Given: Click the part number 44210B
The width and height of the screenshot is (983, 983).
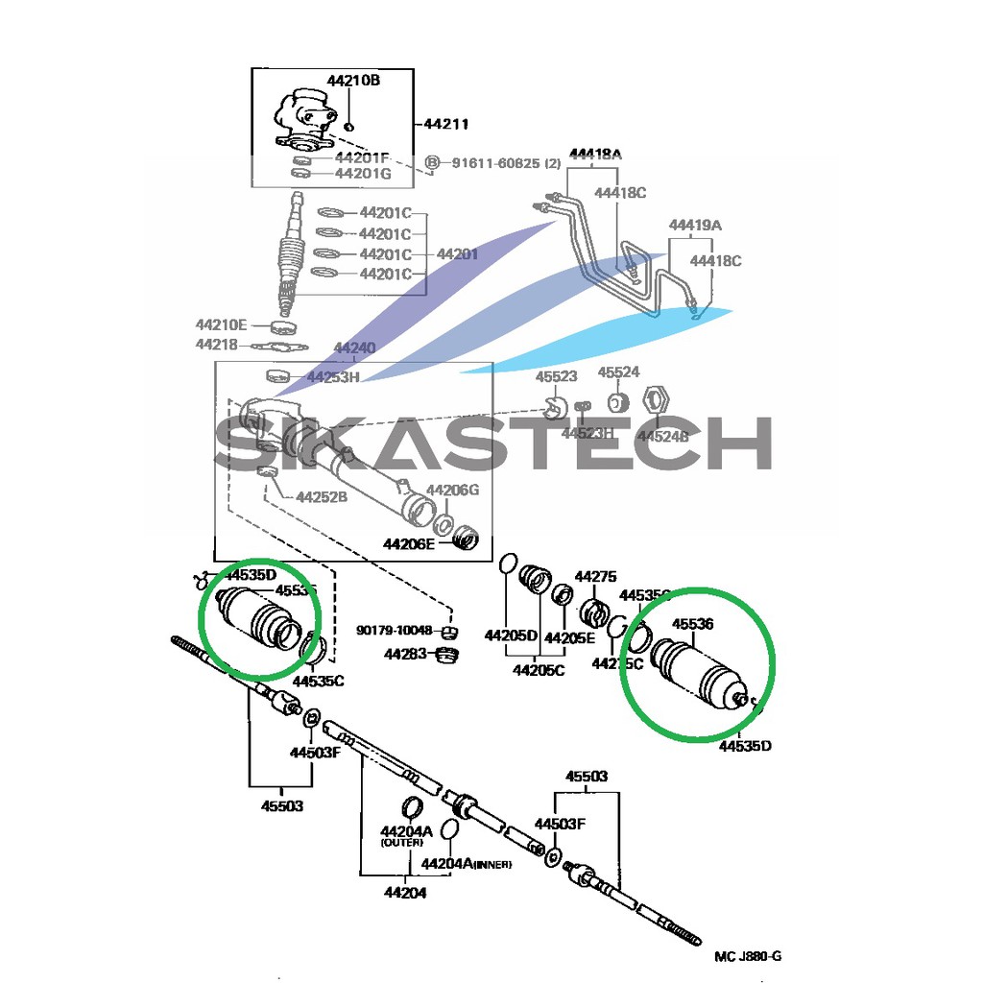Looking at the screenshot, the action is (353, 81).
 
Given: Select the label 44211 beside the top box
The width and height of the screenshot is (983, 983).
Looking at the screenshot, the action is (446, 124).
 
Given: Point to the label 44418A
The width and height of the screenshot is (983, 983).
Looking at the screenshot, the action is (596, 154).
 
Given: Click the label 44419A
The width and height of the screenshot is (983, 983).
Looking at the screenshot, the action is (695, 226).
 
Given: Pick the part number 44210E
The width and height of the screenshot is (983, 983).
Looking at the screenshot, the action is (222, 324).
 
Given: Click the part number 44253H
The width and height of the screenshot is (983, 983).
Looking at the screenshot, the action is (332, 377).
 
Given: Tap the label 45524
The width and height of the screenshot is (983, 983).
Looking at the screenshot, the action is (619, 372).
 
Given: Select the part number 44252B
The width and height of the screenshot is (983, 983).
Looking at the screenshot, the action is (322, 497).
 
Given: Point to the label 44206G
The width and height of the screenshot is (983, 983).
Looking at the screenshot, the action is (452, 490).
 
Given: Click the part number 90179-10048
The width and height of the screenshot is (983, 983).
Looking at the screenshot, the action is (396, 631).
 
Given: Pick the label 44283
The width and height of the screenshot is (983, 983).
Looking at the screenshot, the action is (405, 654).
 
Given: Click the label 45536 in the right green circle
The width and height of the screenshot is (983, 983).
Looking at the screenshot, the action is (692, 624).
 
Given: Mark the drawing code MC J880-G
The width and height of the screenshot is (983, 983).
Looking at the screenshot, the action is (748, 956).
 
